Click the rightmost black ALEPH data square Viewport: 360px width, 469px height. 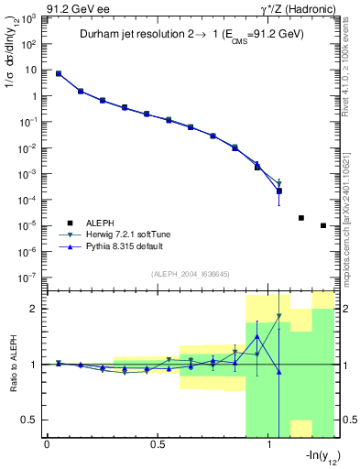point(323,225)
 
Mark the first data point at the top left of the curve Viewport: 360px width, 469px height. point(59,73)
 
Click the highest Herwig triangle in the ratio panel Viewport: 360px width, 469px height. point(279,317)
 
